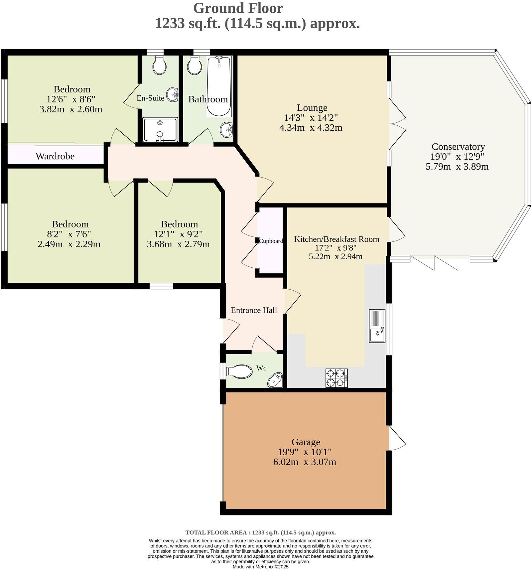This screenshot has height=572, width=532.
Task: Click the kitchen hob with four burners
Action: [337, 378]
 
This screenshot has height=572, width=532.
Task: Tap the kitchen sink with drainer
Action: [377, 326]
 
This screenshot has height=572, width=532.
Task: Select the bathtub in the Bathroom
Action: [218, 86]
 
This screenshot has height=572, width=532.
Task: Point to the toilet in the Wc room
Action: [239, 371]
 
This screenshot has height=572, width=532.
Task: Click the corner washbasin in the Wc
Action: [275, 380]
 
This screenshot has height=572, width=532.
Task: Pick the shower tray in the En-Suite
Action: [160, 129]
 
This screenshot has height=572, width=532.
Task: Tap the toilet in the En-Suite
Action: [160, 65]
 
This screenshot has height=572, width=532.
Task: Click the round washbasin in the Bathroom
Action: [227, 129]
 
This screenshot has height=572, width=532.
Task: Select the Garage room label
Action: [306, 442]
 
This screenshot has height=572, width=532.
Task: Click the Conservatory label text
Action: [458, 147]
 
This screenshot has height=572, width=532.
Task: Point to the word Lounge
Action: [312, 108]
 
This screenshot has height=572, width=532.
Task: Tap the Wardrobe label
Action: [55, 156]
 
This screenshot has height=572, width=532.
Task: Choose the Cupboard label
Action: [271, 241]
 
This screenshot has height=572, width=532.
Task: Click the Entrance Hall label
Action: [254, 310]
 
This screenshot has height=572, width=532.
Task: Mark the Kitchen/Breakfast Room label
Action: [336, 239]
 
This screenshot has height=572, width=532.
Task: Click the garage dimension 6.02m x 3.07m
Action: [305, 462]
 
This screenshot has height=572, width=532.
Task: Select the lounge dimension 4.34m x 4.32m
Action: [311, 128]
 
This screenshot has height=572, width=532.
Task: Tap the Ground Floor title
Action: [238, 8]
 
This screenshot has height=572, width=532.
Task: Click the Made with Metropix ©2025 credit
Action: [261, 567]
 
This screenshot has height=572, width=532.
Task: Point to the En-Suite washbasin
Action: [172, 94]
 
